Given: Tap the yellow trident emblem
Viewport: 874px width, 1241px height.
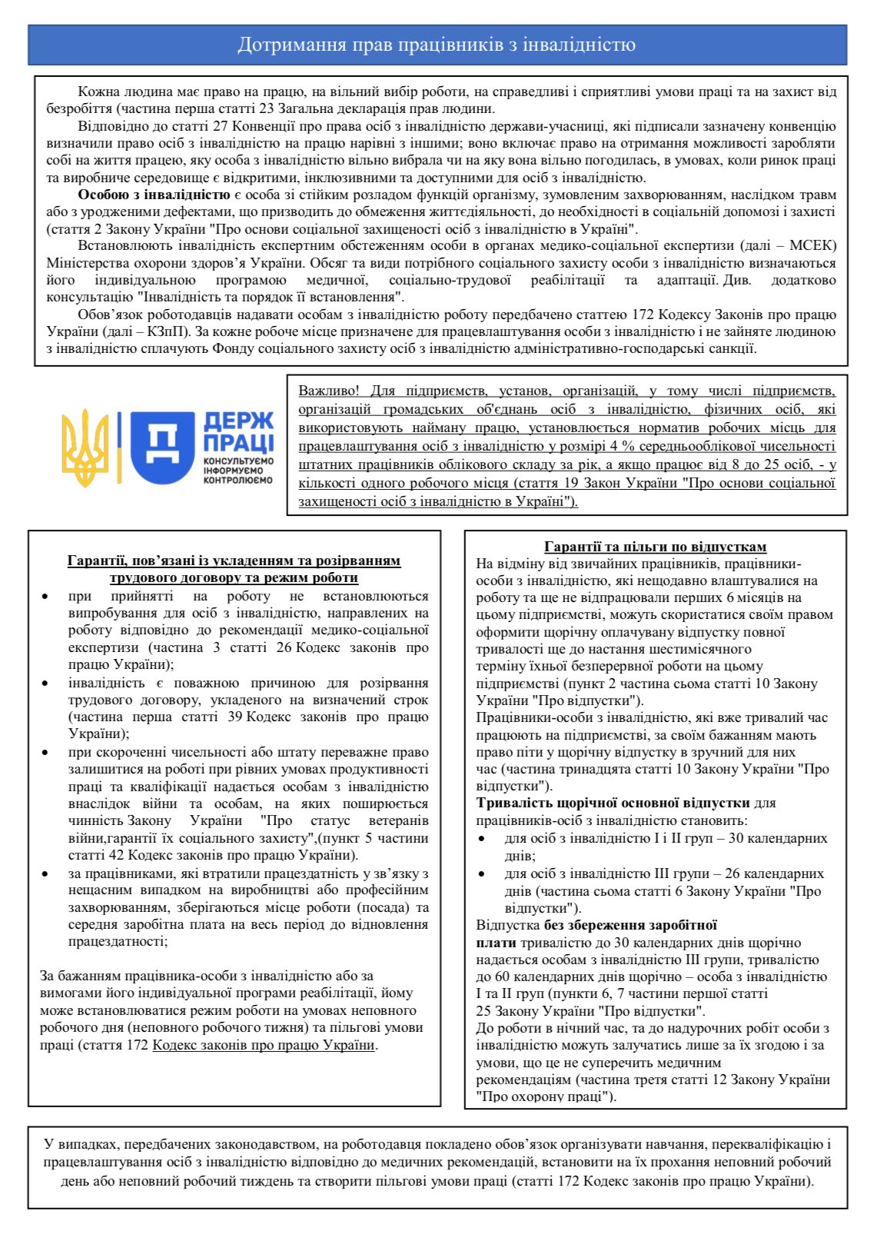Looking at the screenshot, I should click(x=85, y=447).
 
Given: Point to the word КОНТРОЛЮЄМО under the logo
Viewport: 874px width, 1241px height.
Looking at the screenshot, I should click(x=238, y=481).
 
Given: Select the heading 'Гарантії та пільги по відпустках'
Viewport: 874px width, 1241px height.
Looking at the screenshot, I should click(x=655, y=547).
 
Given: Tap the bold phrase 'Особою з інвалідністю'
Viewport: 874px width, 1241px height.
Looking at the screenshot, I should click(x=154, y=195).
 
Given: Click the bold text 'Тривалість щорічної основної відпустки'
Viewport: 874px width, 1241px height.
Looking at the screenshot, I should click(x=613, y=803).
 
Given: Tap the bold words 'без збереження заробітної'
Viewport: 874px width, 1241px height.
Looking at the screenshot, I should click(x=630, y=925).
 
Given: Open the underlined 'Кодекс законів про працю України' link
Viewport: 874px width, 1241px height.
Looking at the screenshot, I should click(x=264, y=1045).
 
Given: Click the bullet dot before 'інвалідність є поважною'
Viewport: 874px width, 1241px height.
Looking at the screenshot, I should click(x=46, y=683).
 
